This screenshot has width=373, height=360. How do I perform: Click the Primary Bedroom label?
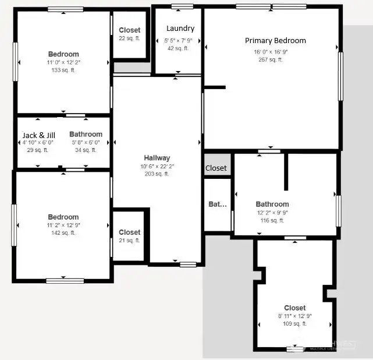pyautogui.click(x=275, y=41)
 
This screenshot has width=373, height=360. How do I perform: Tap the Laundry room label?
pyautogui.click(x=180, y=29)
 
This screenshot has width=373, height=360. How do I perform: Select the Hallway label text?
pyautogui.click(x=157, y=158)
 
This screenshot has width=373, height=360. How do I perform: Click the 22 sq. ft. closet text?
pyautogui.click(x=129, y=38)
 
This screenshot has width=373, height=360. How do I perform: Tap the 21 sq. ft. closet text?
pyautogui.click(x=129, y=241)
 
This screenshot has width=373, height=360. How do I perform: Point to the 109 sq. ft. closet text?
pyautogui.click(x=294, y=324)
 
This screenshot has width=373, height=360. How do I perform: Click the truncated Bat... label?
pyautogui.click(x=217, y=204)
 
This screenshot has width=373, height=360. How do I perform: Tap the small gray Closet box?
pyautogui.click(x=216, y=168)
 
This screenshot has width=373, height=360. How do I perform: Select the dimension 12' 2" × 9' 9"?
pyautogui.click(x=272, y=213)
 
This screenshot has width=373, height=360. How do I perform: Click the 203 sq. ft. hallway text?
pyautogui.click(x=157, y=174)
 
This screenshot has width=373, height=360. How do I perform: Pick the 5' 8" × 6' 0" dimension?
pyautogui.click(x=86, y=142)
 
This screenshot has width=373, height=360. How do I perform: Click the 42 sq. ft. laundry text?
pyautogui.click(x=178, y=48)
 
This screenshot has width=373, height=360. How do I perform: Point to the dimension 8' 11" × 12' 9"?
pyautogui.click(x=294, y=316)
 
